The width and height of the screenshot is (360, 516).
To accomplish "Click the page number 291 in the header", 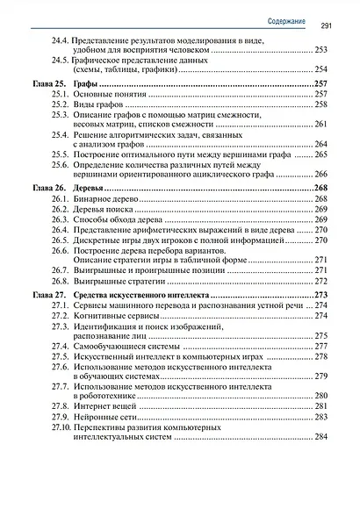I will click(324, 25).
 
